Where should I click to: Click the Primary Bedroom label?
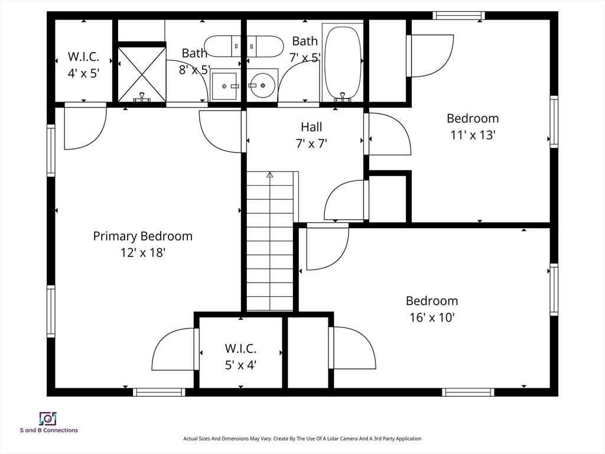tap(142, 236)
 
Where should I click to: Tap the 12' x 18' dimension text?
tap(142, 252)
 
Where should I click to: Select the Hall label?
tap(311, 127)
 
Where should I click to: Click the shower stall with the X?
tap(142, 74)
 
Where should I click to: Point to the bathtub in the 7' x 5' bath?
tap(342, 61)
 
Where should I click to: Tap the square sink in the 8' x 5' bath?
tap(225, 86)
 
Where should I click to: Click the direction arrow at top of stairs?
tap(270, 175)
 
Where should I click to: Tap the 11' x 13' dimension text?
tap(473, 135)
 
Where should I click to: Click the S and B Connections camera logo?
tap(47, 419)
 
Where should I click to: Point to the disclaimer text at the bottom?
tap(302, 439)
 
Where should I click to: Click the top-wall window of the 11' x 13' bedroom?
tap(458, 15)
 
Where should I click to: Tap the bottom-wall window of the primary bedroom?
tap(158, 392)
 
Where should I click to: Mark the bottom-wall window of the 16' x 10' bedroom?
tap(468, 392)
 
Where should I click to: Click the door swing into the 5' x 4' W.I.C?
tap(174, 350)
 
